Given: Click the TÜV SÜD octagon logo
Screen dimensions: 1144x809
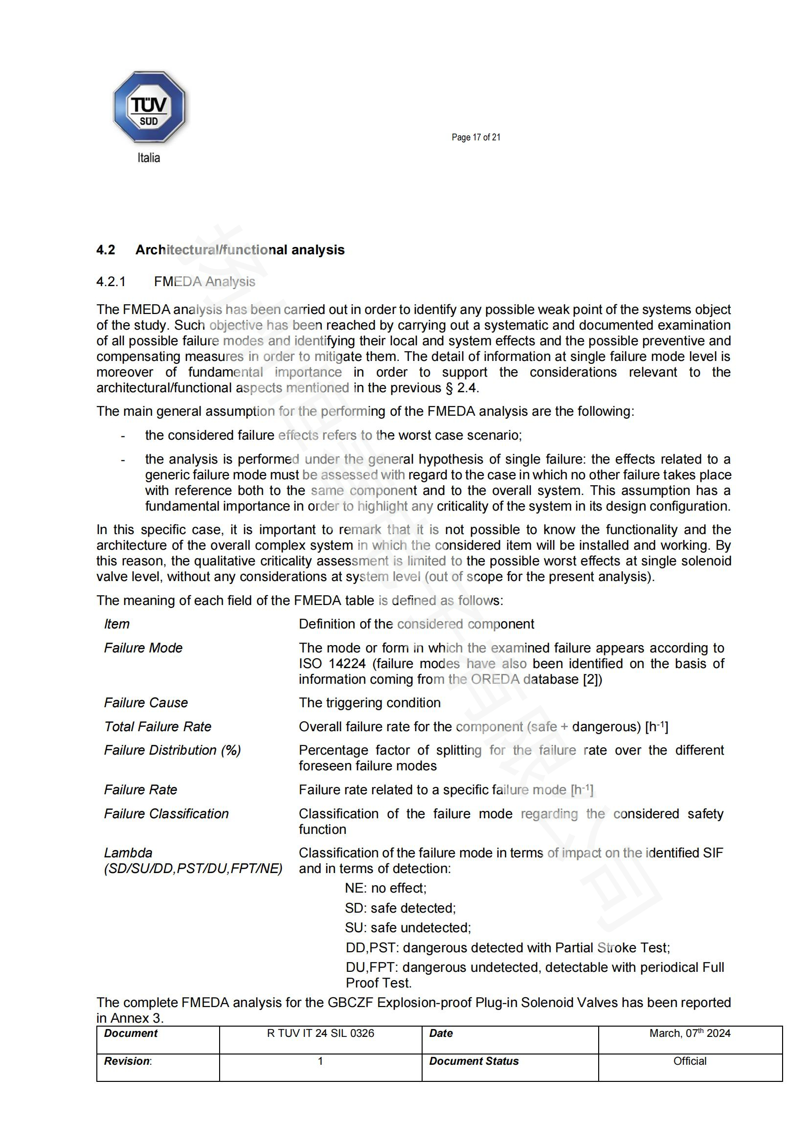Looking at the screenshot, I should coord(149,107).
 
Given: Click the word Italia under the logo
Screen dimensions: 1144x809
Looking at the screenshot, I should coord(149,158).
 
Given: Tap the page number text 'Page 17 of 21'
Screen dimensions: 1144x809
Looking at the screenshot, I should coord(476,137).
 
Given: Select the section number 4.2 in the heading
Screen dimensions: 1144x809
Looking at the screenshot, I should coord(106,249).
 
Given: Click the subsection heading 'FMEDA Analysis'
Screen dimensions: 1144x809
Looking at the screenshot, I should coord(204,282).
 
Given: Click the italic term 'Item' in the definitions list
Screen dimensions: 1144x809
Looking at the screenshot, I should coord(116,624).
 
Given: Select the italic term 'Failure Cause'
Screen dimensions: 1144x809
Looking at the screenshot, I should coord(145,702).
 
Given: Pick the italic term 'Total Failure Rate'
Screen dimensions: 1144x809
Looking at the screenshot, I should coord(157,726).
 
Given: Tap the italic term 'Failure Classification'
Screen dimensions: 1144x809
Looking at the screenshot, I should coord(166,814).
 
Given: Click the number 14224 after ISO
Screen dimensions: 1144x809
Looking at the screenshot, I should coord(347,664).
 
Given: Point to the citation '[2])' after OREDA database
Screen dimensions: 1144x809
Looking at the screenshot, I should coord(592,679).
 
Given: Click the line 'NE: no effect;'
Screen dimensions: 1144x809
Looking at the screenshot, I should coord(385,888).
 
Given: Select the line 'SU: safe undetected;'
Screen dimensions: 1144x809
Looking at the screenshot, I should coord(407,927).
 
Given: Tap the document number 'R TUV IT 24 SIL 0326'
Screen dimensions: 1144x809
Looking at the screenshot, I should coord(320,1033).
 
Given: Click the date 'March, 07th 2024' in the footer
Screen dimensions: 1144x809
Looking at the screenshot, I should coord(690,1033).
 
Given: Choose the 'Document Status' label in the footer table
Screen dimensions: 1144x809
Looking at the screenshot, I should coord(474,1061).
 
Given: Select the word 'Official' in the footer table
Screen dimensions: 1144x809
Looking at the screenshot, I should coord(690,1061).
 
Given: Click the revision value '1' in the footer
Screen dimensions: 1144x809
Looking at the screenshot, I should coord(320,1061).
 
